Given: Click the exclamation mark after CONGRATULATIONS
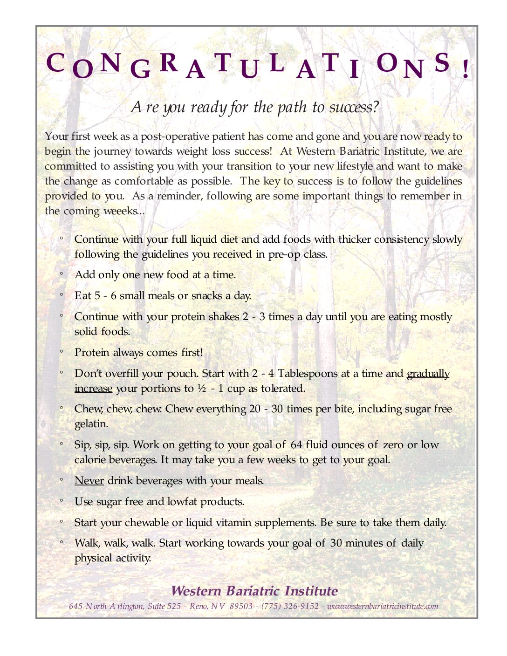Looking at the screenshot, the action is coord(466,69).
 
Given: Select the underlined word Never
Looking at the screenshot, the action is coord(89,480).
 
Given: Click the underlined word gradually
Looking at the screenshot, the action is coord(428,374).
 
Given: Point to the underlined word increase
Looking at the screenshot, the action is coord(93,389).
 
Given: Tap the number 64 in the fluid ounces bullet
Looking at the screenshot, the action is coord(296,445).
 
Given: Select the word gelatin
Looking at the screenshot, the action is coord(91,424).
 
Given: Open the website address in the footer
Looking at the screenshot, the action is coord(383,606).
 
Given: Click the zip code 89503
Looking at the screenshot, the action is coord(241,606).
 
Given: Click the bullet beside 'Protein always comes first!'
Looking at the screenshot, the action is coord(61,352).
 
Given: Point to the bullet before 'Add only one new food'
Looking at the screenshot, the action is coord(61,274).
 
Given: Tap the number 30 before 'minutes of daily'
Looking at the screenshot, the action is coord(336,543).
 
